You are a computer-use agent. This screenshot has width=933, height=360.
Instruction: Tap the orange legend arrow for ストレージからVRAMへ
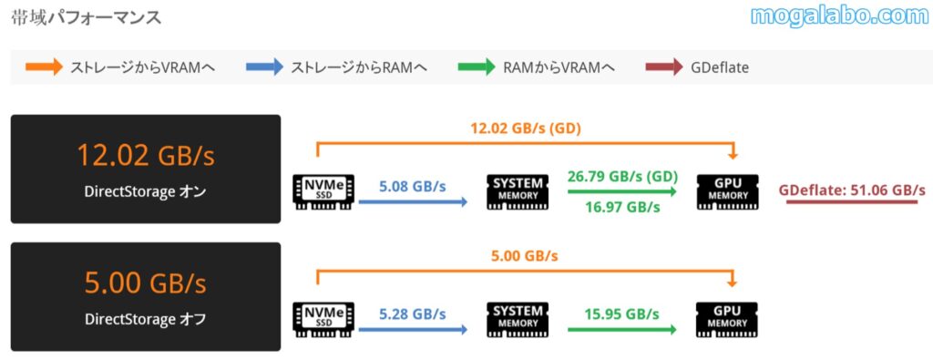coord(44,67)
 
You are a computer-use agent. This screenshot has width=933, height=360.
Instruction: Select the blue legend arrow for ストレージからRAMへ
coord(263,67)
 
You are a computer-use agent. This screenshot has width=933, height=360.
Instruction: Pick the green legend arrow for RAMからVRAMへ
coord(476,67)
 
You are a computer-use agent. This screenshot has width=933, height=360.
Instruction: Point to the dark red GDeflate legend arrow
coord(663,67)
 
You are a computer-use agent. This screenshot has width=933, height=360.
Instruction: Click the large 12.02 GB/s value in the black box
coord(145,156)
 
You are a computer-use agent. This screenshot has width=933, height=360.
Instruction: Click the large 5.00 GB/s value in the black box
coord(145,283)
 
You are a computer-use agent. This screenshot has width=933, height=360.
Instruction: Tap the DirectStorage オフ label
coord(145,319)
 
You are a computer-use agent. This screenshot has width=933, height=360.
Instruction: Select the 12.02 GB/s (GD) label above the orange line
coord(525,129)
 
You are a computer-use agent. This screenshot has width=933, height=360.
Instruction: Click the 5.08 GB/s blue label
coord(413,186)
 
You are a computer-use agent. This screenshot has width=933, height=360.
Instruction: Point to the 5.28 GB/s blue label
coord(413,314)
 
